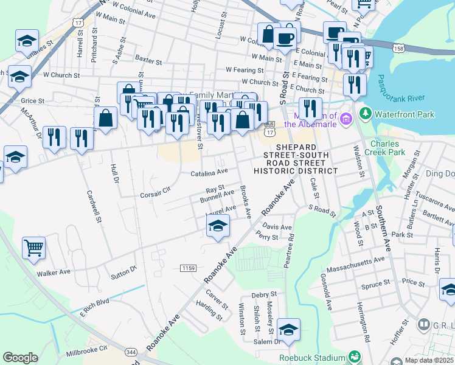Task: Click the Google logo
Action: pyautogui.click(x=20, y=357)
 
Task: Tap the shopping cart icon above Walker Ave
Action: pyautogui.click(x=34, y=247)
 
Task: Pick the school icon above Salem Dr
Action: pyautogui.click(x=288, y=330)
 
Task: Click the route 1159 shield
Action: pyautogui.click(x=187, y=268)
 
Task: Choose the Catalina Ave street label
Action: pyautogui.click(x=209, y=172)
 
